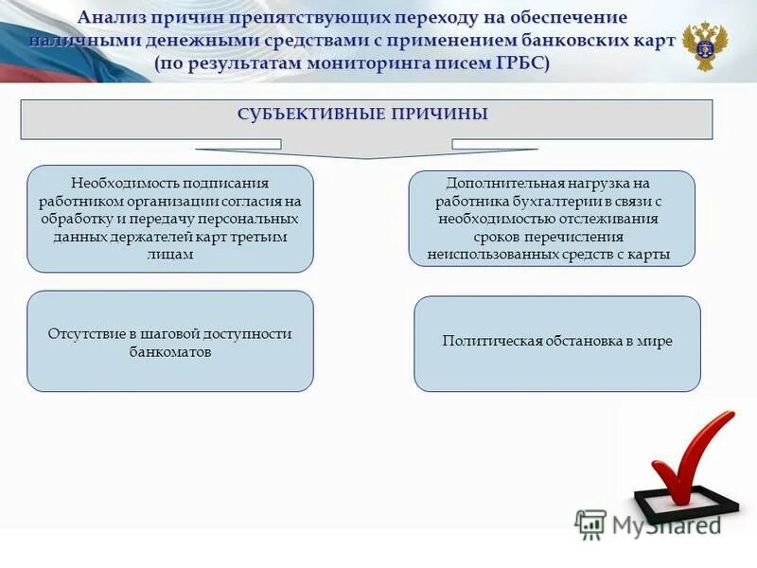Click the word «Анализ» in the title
click(114, 18)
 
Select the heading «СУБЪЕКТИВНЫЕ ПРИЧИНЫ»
click(362, 115)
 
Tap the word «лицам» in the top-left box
click(170, 254)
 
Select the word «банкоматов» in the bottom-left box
click(170, 351)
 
